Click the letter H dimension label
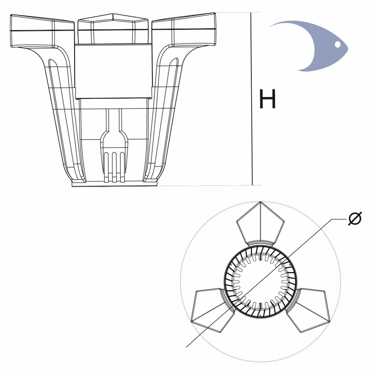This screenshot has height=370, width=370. tap(267, 99)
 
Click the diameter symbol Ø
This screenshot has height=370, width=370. tap(355, 218)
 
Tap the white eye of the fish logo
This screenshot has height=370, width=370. tap(337, 44)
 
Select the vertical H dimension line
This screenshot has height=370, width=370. tap(252, 99)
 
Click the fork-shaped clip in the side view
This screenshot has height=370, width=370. tap(114, 146)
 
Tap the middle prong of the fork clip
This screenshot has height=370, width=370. tap(114, 167)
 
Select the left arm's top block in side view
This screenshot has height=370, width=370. tap(42, 31)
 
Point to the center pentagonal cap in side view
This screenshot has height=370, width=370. tap(113, 28)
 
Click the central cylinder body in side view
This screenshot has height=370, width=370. tap(113, 71)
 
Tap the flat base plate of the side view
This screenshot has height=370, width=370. tap(115, 184)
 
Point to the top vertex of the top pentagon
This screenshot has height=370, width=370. tap(260, 202)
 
